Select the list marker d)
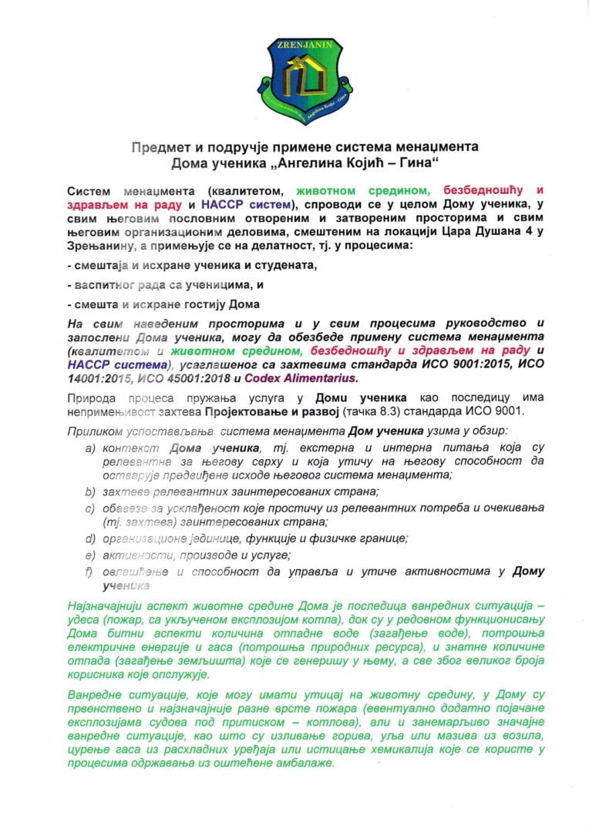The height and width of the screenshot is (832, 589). point(90,538)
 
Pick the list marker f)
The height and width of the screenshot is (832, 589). point(90,571)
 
